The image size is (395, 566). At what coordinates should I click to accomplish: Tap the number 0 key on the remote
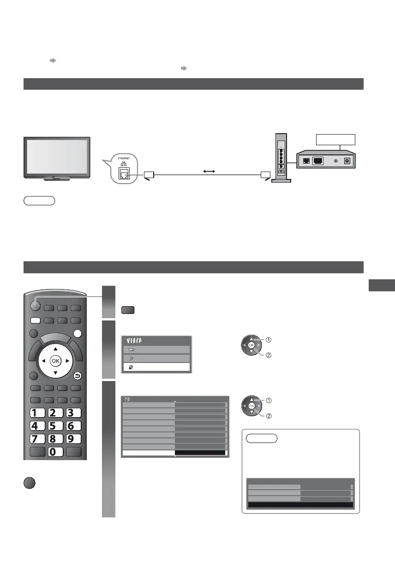[x=55, y=451]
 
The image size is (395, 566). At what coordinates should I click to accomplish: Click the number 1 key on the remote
[x=36, y=412]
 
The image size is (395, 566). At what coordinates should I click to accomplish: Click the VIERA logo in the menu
[x=137, y=341]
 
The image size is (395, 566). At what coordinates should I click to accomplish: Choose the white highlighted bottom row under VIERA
[x=156, y=367]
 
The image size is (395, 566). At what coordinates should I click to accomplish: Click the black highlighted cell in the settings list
[x=201, y=453]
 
